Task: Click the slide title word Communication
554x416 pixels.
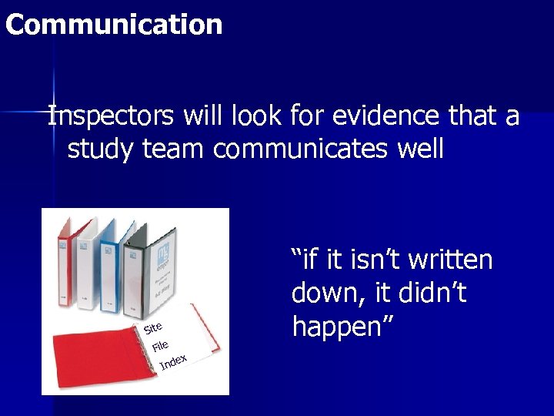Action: click(114, 25)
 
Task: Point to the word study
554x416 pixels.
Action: click(101, 149)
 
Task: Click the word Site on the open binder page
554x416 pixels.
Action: click(152, 328)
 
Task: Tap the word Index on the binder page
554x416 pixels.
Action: click(173, 361)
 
